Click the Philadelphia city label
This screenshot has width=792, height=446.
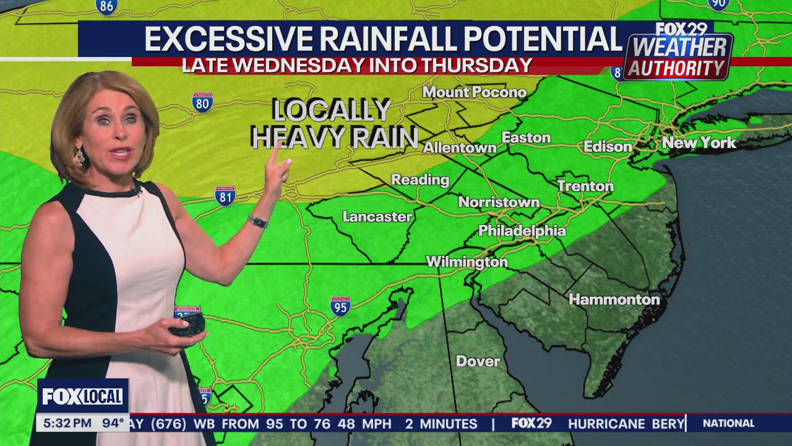522,231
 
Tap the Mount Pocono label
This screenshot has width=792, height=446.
474,92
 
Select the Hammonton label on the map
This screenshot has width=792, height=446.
614,300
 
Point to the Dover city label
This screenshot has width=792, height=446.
478,361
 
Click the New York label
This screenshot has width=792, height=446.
699,142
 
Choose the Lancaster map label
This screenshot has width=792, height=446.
377,217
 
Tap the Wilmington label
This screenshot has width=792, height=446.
467,262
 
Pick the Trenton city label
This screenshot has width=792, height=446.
585,186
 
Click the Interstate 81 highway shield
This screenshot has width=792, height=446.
225,196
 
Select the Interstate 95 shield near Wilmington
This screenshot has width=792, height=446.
340,306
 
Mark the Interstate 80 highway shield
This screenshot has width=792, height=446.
202,102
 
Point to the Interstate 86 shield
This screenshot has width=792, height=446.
106,7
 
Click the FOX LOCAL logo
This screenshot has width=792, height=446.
83,396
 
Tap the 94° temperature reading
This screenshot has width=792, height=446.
113,424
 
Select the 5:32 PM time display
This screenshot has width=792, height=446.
65,424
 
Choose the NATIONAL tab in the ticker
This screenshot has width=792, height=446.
728,424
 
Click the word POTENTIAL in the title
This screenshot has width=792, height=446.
542,39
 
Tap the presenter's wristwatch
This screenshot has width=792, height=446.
258,221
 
